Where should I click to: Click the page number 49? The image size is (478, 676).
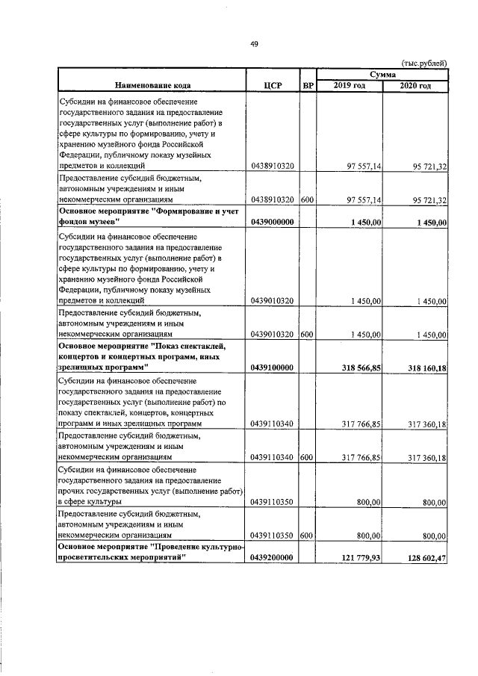tap(254, 45)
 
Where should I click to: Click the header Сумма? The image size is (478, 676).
tap(382, 75)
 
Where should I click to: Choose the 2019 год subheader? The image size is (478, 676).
tap(349, 87)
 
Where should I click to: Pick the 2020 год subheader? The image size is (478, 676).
tap(415, 87)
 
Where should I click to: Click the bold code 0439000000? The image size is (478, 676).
tap(273, 223)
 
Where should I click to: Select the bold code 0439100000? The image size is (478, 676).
tap(273, 368)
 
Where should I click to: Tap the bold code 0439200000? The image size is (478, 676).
tap(273, 557)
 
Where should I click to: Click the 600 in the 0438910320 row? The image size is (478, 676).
tap(306, 200)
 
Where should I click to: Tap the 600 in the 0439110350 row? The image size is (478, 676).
tap(306, 535)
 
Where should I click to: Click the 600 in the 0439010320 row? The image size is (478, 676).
tap(306, 335)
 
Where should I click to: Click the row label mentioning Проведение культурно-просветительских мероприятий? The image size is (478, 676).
tap(152, 552)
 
